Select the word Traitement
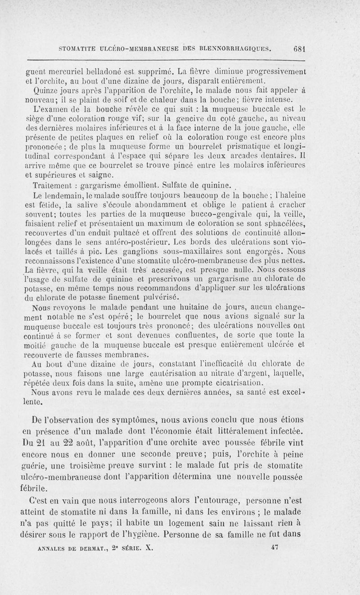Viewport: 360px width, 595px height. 53,186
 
